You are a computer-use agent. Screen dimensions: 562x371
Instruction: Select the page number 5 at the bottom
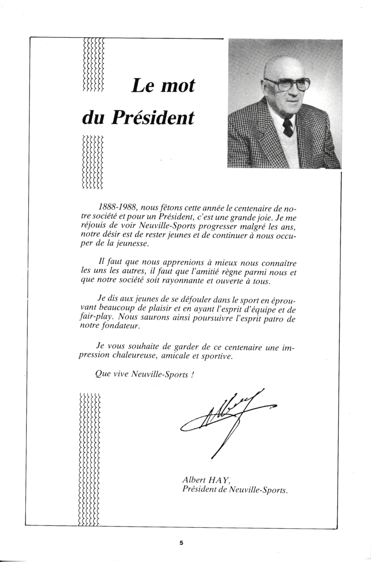click(x=181, y=543)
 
